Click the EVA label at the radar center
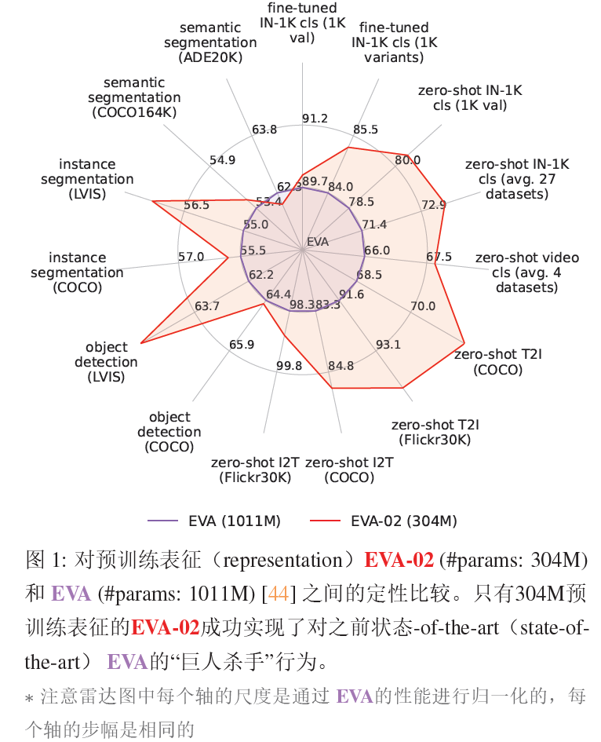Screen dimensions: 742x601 point(318,241)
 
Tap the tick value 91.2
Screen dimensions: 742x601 point(315,119)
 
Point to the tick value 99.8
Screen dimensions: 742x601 point(289,365)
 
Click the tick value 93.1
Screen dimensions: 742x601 point(388,344)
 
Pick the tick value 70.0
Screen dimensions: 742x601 point(422,305)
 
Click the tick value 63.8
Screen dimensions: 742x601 point(264,130)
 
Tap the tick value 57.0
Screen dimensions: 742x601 point(191,257)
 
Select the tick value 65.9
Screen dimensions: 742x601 point(242,344)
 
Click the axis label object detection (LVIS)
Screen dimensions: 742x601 point(106,362)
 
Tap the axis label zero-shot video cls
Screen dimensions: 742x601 point(527,272)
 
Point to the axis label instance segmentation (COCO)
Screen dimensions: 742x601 point(77,272)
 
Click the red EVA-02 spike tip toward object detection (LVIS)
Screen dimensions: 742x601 point(141,342)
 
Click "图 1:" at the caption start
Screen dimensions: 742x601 point(46,561)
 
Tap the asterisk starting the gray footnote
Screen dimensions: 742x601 point(30,697)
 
